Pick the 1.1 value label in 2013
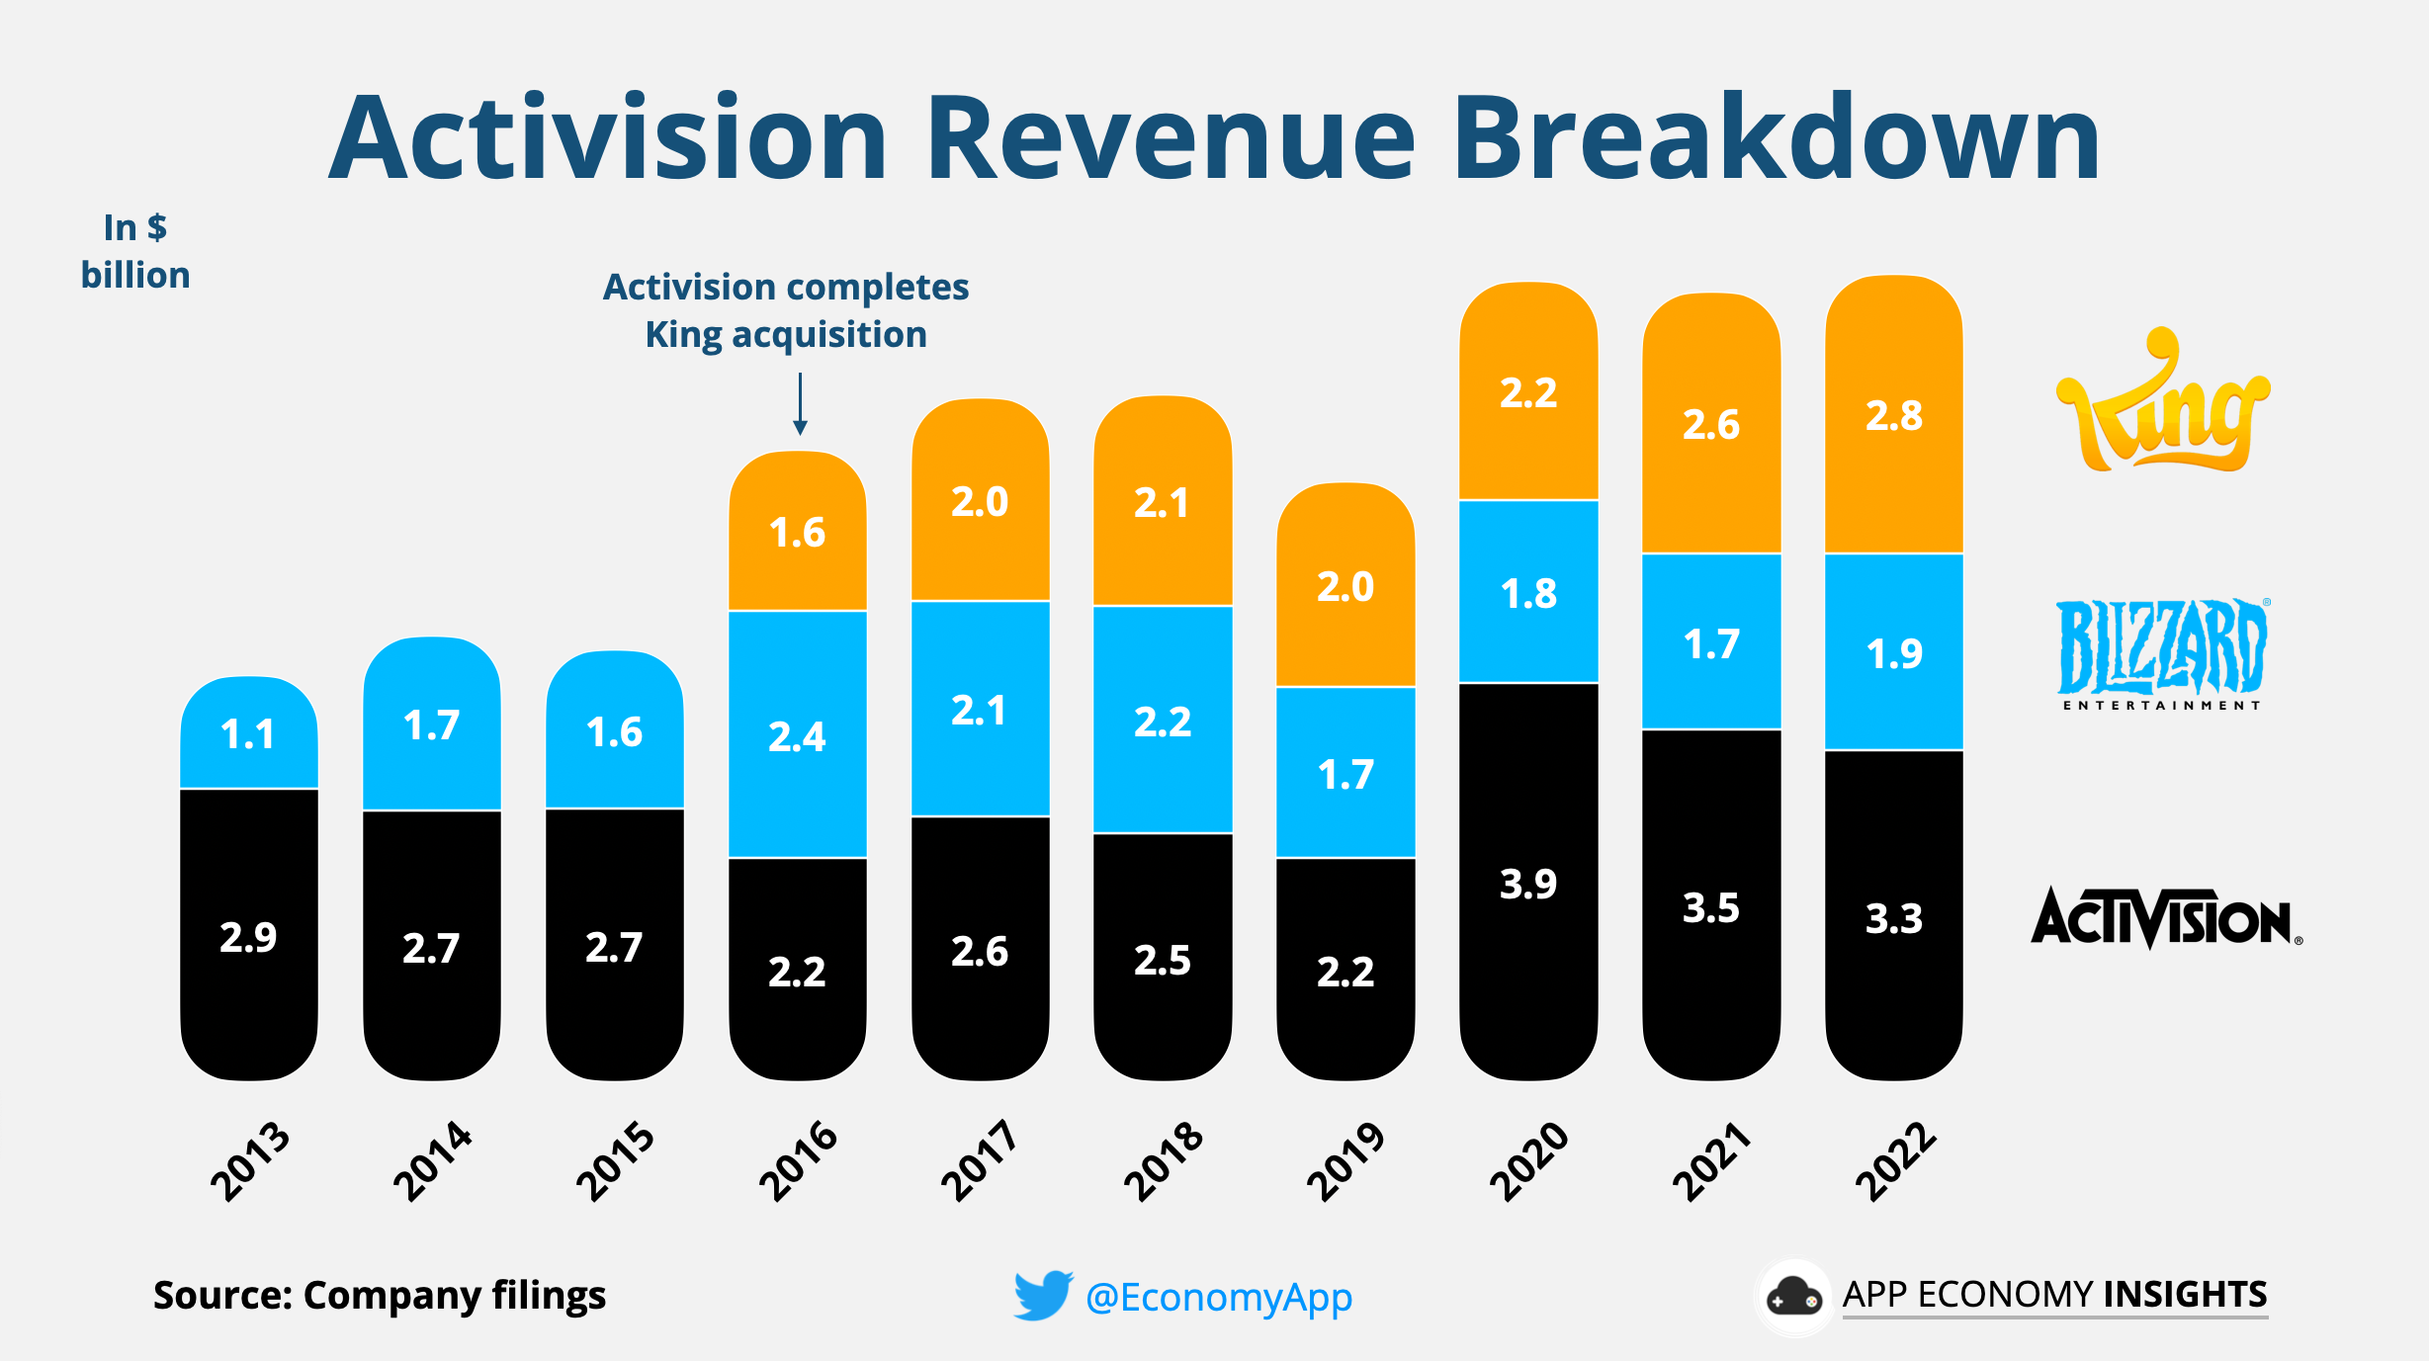247,734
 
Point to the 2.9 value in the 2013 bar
248,937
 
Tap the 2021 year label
1710,1161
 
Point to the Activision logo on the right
2165,917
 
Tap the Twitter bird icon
1042,1295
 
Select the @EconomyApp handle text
1218,1297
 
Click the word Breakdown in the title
1775,138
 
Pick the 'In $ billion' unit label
135,252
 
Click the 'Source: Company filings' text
379,1295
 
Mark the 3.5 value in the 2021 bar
1710,907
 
